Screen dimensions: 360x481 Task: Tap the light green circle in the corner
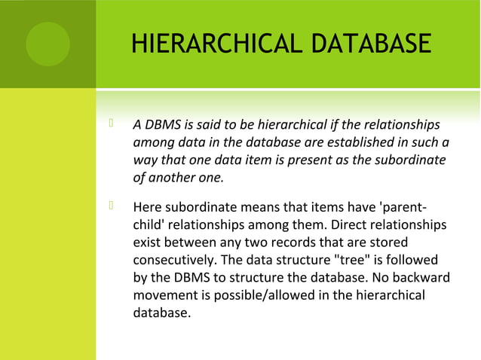pos(47,44)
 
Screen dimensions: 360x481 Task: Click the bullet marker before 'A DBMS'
pos(111,124)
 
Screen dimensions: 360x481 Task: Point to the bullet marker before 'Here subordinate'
pos(111,206)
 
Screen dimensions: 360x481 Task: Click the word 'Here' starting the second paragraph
pos(146,207)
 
